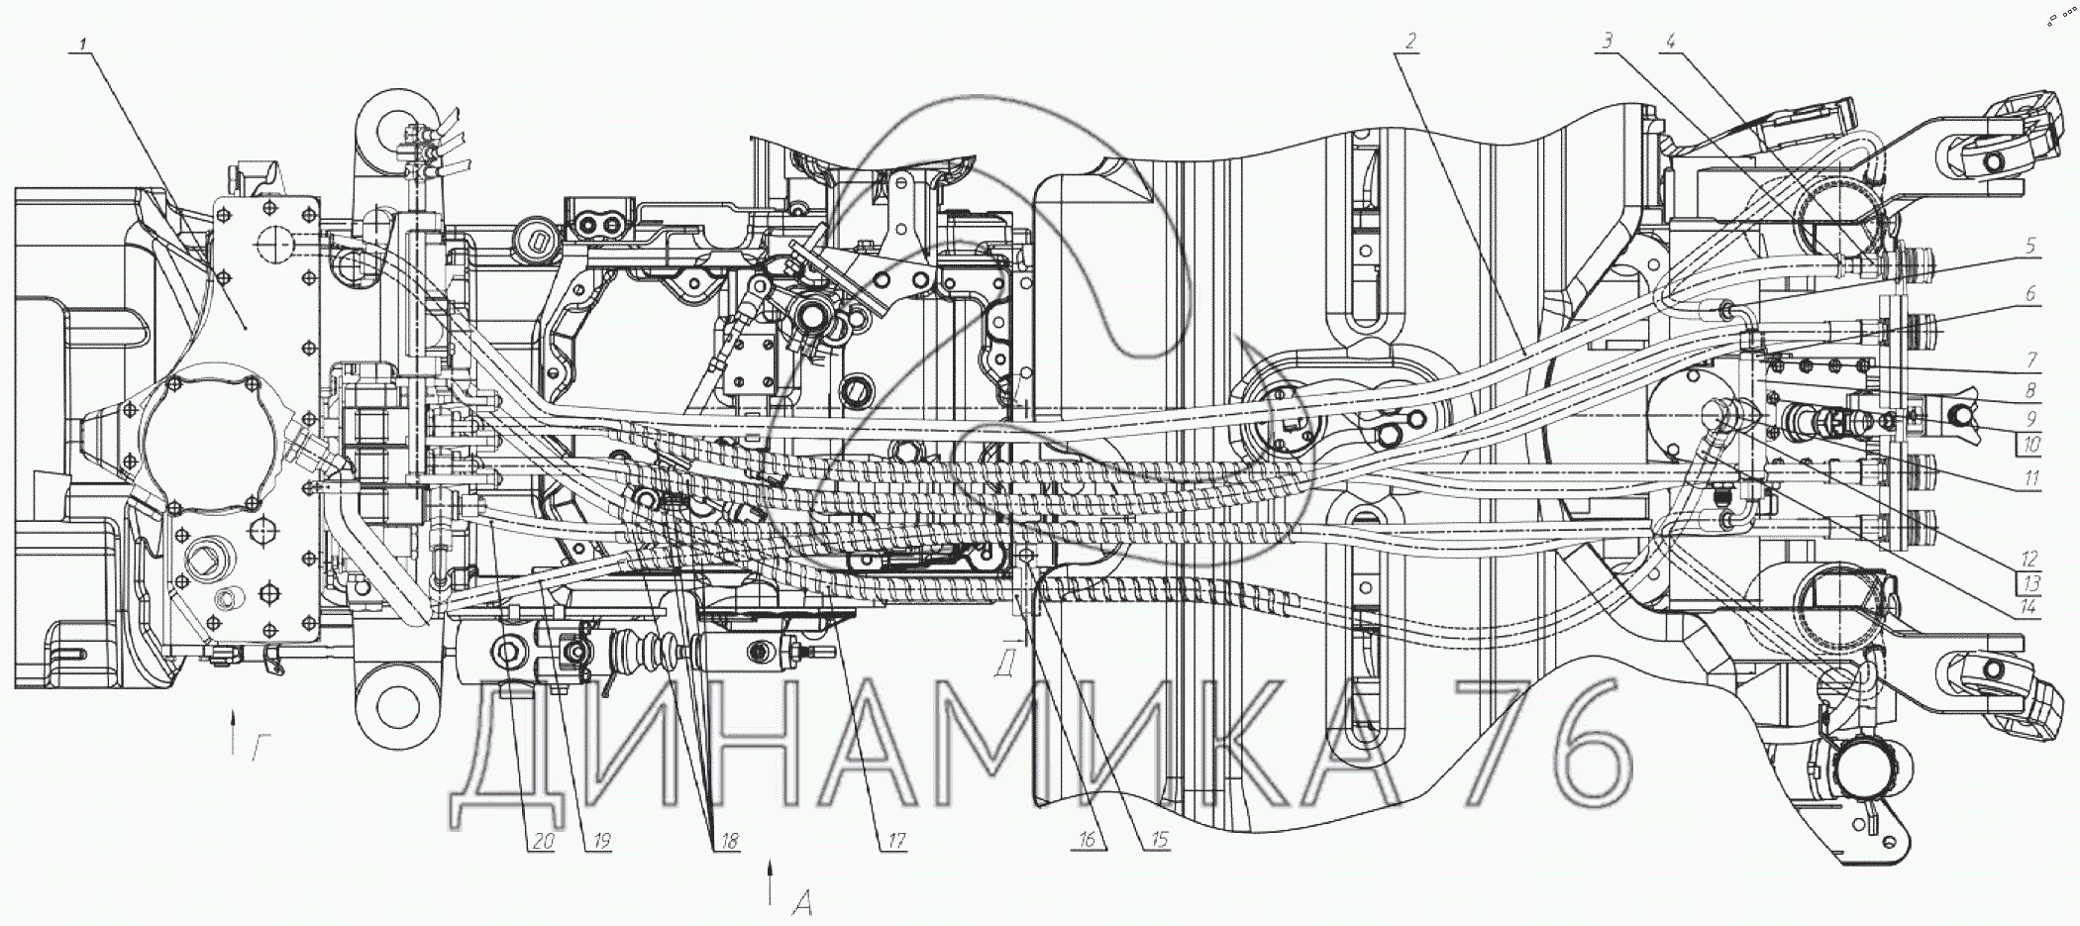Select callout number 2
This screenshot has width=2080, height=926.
pos(1409,41)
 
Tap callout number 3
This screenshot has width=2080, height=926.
pos(1608,41)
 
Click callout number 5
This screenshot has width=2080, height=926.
pos(2030,246)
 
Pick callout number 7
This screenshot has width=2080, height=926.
pos(2030,359)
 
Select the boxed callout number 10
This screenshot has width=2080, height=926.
pos(2032,445)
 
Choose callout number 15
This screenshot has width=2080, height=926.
pos(1156,841)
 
